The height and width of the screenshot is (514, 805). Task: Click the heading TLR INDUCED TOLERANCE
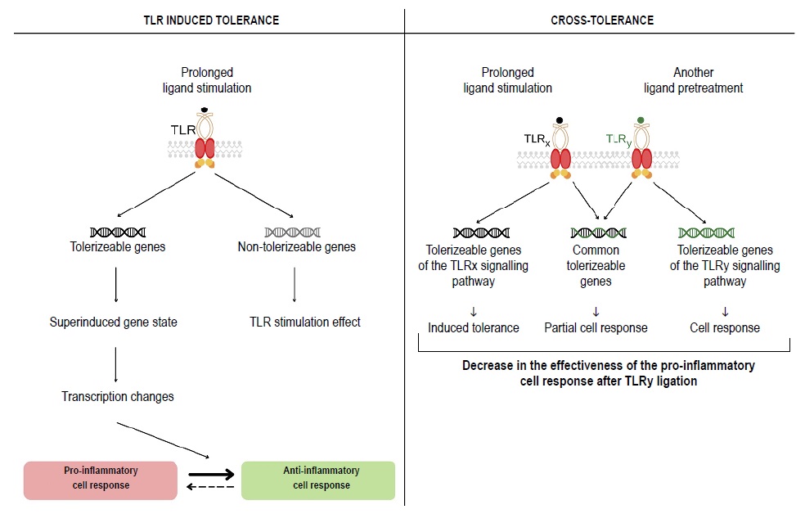(211, 20)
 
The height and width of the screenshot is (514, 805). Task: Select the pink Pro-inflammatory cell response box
(101, 478)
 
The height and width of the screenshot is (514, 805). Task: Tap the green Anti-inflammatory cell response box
(319, 478)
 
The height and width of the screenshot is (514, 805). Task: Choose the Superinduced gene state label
(113, 322)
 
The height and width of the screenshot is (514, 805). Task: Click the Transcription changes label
(117, 397)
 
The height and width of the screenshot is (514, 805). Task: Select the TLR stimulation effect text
(304, 322)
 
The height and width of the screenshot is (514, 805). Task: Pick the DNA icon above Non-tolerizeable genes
(293, 232)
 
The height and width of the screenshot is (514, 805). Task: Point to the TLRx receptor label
(538, 140)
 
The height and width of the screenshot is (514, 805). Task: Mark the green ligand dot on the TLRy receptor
(641, 120)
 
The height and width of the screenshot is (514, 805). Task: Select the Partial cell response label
(596, 327)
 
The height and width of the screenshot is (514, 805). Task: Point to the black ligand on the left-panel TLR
(205, 110)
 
